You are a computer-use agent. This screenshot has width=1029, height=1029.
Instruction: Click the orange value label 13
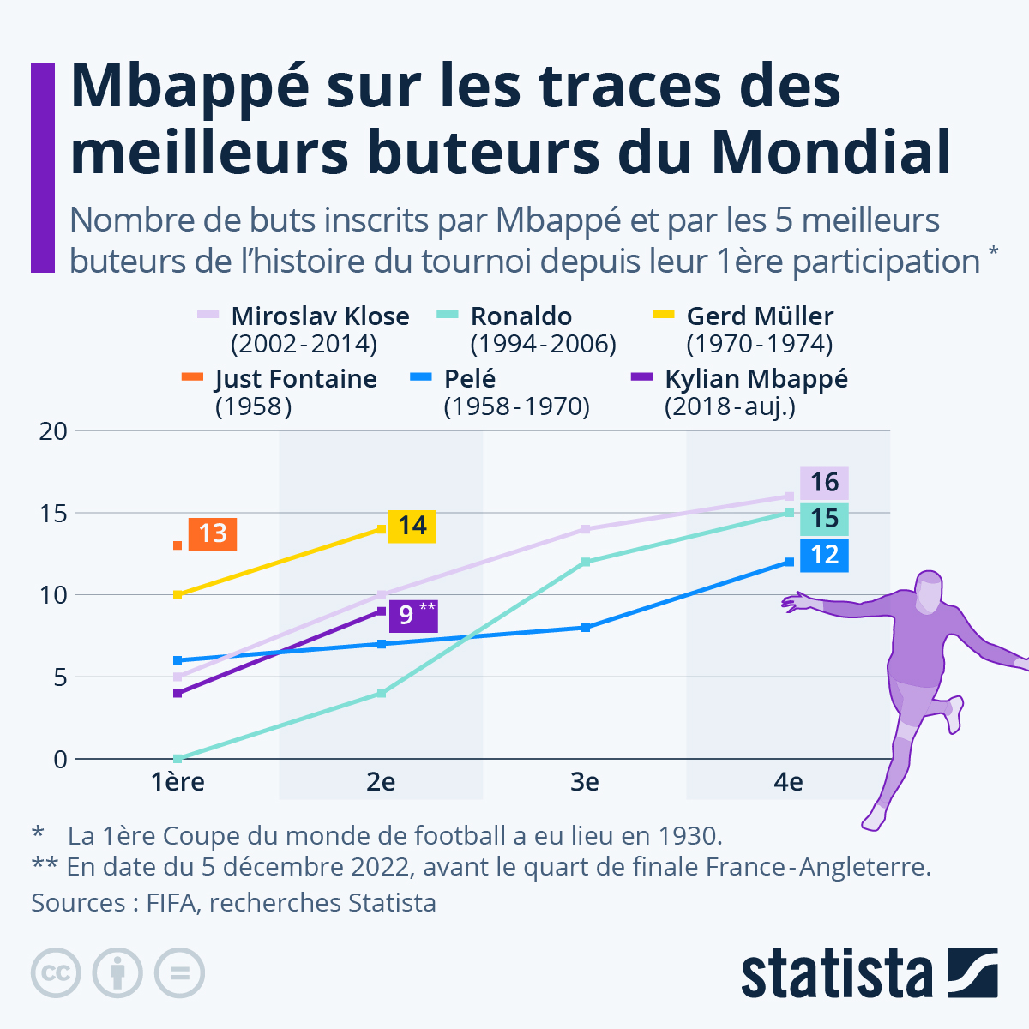[x=212, y=534]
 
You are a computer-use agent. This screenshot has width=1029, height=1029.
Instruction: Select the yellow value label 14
[x=412, y=526]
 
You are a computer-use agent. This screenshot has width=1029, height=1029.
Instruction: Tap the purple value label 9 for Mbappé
[x=413, y=615]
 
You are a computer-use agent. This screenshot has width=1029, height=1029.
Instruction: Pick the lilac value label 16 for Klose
[x=824, y=483]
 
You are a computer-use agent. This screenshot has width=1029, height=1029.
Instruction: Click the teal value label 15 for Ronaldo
[x=824, y=519]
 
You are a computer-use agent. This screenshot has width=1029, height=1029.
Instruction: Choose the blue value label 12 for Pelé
[x=824, y=555]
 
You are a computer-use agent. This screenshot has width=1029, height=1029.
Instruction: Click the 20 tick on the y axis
[x=53, y=431]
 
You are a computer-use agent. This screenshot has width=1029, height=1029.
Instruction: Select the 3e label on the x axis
[x=585, y=782]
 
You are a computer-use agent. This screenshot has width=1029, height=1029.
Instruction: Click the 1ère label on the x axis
[x=178, y=782]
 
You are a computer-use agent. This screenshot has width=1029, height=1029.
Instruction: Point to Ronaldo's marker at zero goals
[x=178, y=758]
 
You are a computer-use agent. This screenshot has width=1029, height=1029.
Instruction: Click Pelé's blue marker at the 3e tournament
[x=586, y=628]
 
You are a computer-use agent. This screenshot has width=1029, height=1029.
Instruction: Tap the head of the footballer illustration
[x=929, y=592]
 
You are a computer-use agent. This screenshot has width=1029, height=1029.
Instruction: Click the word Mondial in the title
[x=831, y=153]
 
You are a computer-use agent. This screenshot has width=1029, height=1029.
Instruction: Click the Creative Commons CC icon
[x=56, y=973]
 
